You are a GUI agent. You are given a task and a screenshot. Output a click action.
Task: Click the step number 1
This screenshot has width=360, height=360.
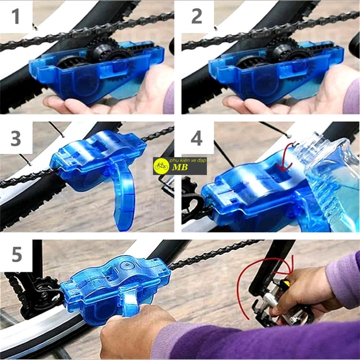tap(15, 16)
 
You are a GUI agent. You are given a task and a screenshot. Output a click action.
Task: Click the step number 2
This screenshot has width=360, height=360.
tap(197, 16)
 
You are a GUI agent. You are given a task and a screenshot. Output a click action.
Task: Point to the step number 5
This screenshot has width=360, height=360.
tap(17, 254)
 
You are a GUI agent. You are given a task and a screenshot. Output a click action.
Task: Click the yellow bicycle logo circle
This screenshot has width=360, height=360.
tap(161, 166)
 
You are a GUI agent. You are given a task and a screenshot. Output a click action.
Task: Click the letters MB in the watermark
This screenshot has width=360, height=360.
tap(180, 167)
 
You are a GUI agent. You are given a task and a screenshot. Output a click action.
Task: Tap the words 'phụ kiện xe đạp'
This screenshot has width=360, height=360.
tap(188, 160)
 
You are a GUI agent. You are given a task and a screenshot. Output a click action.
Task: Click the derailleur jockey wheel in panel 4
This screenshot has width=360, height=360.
tap(190, 185)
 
